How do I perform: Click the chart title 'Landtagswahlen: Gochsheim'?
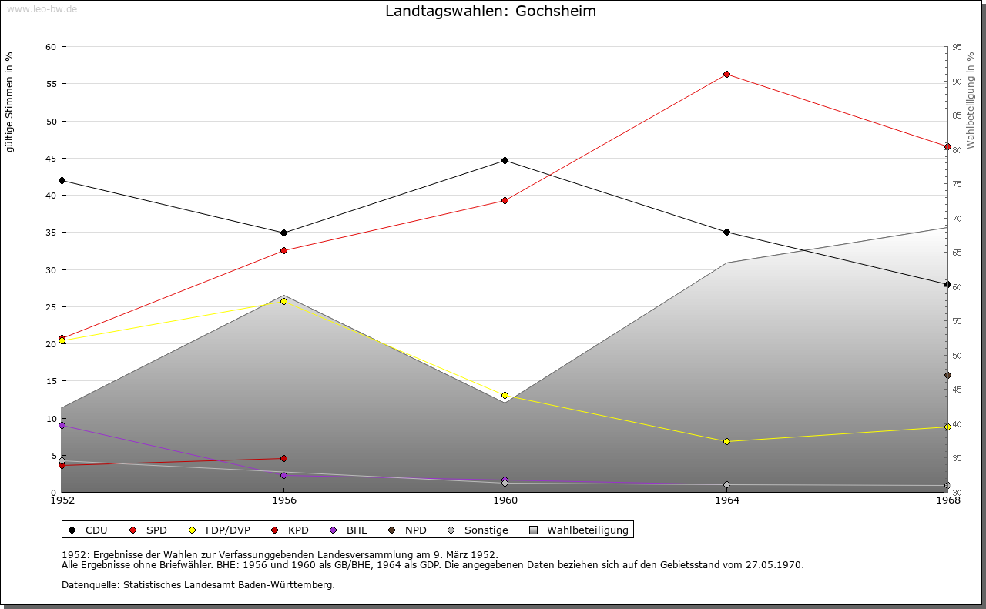491,12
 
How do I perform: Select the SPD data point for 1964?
726,75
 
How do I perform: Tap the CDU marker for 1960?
505,161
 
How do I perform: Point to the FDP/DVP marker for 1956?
283,301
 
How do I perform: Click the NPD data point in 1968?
947,376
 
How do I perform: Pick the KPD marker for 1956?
283,459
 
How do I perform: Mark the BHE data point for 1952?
62,425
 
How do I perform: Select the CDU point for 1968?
947,284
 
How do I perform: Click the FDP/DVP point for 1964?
726,442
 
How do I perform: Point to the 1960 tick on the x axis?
505,500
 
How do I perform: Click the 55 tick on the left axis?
50,84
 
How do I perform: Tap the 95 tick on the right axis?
957,47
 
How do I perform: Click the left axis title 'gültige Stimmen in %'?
9,102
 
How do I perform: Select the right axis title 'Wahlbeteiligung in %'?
970,101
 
